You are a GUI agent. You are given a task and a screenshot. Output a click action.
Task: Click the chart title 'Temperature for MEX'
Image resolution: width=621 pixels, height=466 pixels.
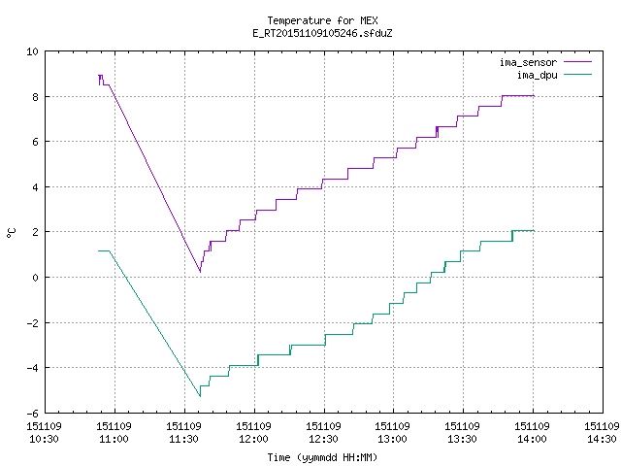click(322, 20)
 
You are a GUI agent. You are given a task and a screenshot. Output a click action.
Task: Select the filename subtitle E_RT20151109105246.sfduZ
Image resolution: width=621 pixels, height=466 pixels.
click(322, 33)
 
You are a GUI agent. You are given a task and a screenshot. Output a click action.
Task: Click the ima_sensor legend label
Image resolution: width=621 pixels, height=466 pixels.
click(528, 62)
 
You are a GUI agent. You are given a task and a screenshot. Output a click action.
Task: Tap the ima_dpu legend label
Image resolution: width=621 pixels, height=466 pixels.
click(537, 75)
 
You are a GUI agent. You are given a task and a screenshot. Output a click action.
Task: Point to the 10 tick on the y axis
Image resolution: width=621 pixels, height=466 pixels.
click(32, 51)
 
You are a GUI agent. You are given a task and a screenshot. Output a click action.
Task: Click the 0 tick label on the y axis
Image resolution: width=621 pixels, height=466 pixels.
click(36, 278)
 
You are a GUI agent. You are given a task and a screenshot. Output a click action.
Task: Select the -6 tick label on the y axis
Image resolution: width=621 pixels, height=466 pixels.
click(32, 414)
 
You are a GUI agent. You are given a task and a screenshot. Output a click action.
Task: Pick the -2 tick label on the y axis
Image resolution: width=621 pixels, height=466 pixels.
click(32, 323)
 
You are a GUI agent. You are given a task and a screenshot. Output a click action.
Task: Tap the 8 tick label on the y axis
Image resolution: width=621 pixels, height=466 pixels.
click(36, 97)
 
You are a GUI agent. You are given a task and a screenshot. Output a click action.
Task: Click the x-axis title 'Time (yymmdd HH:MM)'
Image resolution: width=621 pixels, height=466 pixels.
click(322, 457)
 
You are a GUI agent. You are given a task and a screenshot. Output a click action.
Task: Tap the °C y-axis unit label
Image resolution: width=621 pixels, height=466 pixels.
click(11, 233)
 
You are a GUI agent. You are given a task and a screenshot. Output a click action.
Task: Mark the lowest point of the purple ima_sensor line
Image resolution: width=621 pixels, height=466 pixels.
click(200, 272)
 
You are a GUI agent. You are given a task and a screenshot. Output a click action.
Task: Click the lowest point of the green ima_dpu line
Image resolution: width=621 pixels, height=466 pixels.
click(200, 396)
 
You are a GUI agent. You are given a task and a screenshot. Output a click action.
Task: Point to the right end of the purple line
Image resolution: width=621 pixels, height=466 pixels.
click(535, 96)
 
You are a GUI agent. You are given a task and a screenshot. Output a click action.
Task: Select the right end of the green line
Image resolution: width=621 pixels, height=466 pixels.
click(535, 231)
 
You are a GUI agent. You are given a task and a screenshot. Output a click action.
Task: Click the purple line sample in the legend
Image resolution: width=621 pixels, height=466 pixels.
click(578, 62)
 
